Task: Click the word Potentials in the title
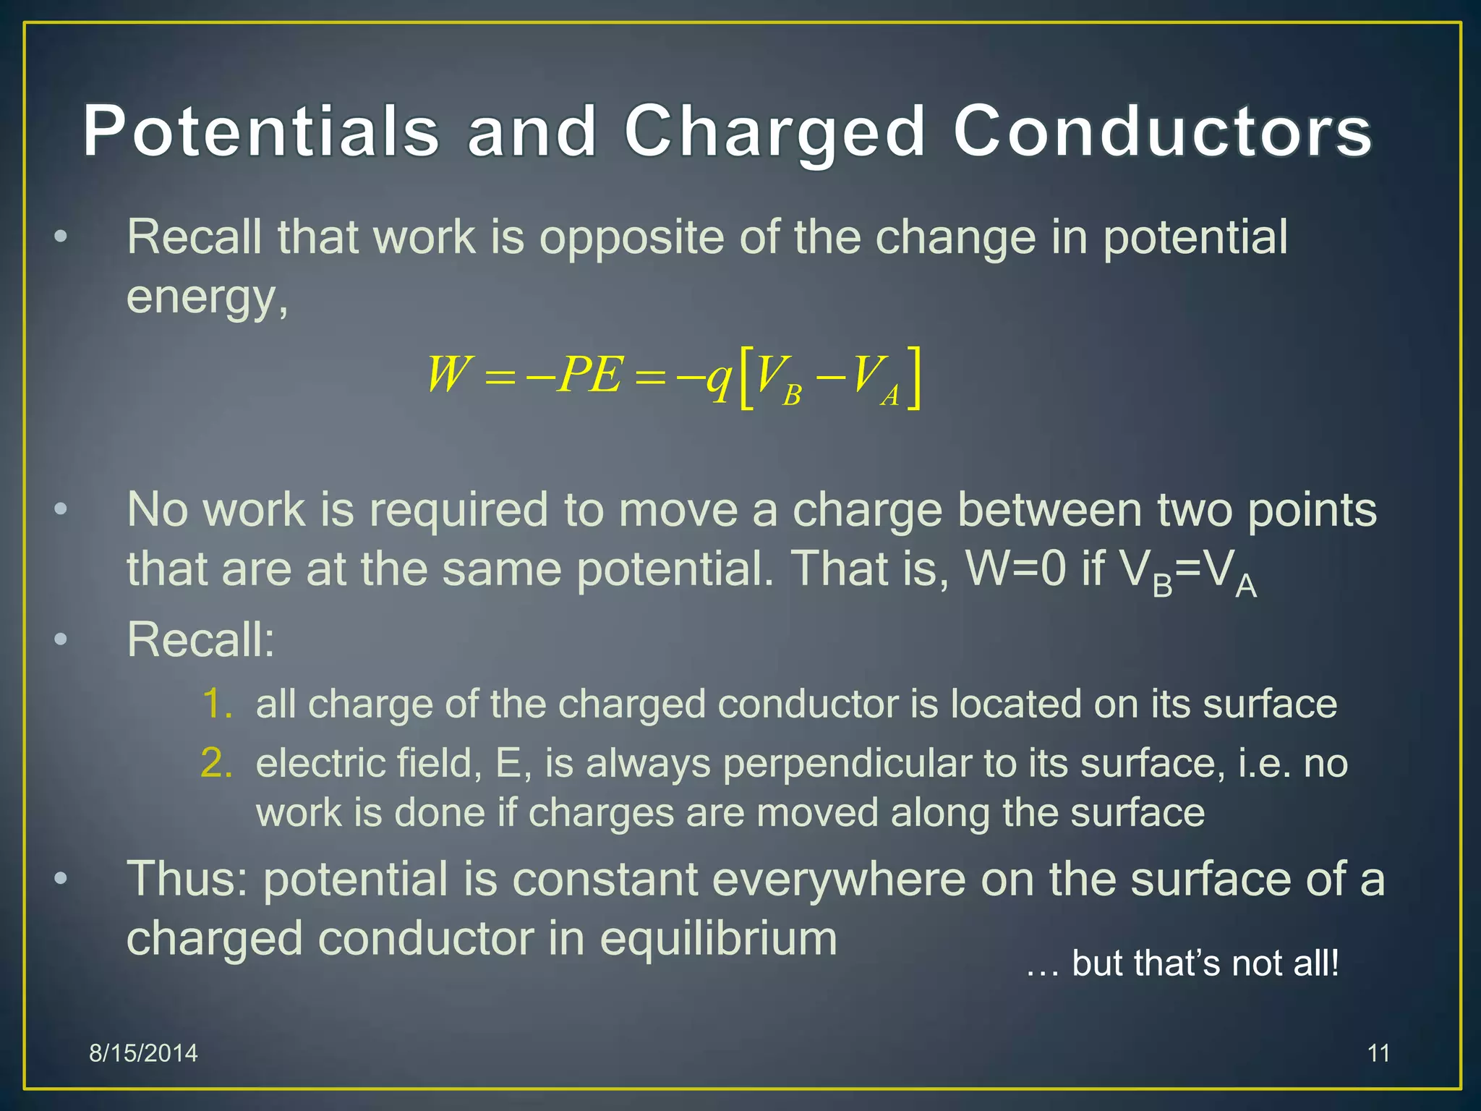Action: tap(261, 132)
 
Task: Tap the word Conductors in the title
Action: tap(1163, 132)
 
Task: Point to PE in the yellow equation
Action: tap(589, 375)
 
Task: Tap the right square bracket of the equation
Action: tap(914, 378)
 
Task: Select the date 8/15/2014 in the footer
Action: tap(143, 1053)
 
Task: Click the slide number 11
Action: tap(1378, 1053)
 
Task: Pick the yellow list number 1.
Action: tap(217, 704)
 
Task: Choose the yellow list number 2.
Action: tap(217, 763)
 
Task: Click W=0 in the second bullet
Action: tap(1016, 569)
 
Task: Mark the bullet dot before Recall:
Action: tap(61, 639)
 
